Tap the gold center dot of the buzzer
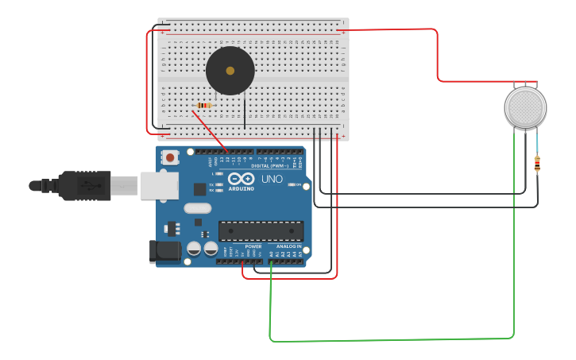click(230, 71)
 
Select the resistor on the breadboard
click(204, 105)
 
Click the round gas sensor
click(525, 107)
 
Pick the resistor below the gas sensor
click(537, 164)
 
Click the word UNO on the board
click(272, 179)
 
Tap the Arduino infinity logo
click(241, 179)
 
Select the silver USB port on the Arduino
click(159, 185)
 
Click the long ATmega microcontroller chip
click(261, 230)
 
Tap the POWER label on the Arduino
click(253, 246)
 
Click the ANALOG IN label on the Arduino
click(288, 246)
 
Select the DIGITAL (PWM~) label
click(270, 165)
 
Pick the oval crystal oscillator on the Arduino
click(197, 208)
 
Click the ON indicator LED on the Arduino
click(300, 185)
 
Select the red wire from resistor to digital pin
click(210, 130)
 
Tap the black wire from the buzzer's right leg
click(245, 111)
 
